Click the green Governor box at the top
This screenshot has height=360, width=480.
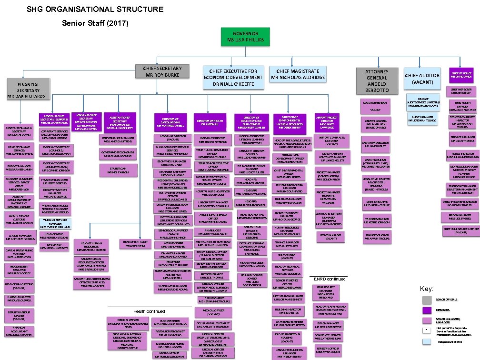coord(245,37)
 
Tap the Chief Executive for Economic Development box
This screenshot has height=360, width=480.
coord(233,77)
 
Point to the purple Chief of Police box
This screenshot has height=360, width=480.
coord(461,74)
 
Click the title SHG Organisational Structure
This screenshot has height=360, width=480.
coord(95,9)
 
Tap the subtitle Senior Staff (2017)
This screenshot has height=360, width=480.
coord(95,23)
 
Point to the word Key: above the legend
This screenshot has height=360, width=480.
coord(426,289)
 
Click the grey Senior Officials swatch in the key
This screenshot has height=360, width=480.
coord(427,300)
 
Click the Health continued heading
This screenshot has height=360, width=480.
coord(149,311)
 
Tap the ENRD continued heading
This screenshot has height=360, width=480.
coord(330,279)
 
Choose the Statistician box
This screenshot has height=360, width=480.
coord(117,170)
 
